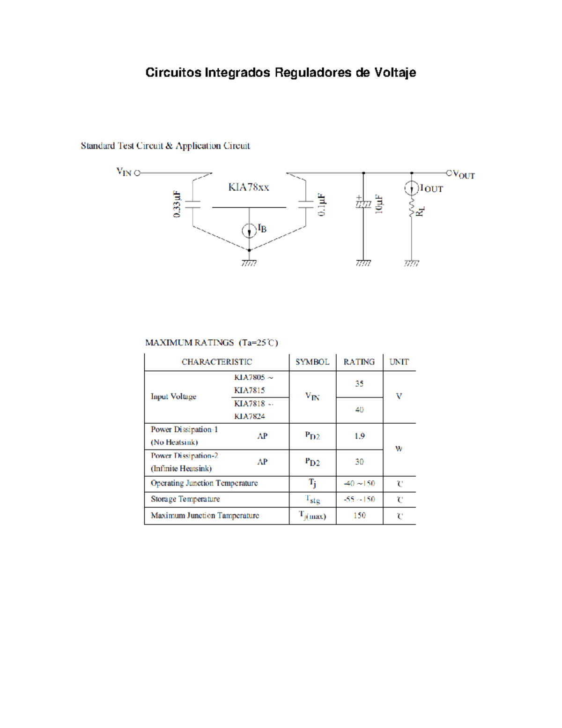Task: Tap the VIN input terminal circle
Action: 137,173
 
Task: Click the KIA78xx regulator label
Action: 248,188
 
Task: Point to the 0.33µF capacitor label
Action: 177,204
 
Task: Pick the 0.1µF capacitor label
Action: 321,205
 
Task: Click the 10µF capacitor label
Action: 379,204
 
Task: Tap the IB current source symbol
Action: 249,231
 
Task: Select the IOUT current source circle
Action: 411,188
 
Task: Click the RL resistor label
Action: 420,211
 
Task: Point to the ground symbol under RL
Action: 411,264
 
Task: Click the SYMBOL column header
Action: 312,362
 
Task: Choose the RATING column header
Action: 359,362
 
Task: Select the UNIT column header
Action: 399,362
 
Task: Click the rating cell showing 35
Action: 359,384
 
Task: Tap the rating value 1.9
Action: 359,436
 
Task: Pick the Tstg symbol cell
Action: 312,500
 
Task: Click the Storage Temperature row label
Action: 185,499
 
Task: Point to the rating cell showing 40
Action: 359,410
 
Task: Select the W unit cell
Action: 399,449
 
